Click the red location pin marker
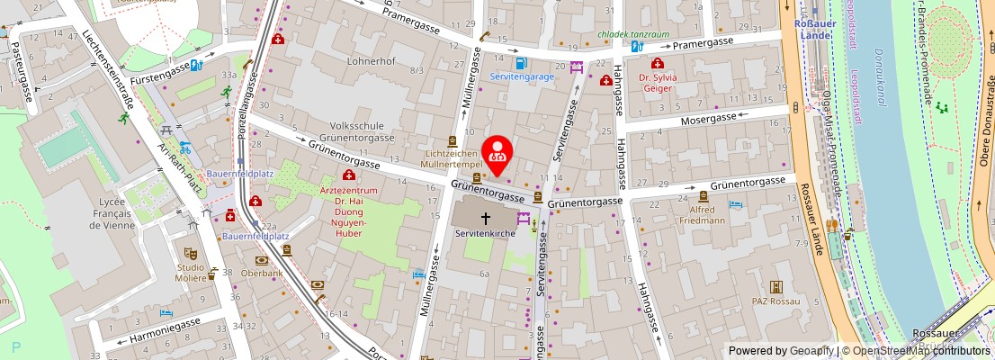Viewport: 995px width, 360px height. [x=497, y=152]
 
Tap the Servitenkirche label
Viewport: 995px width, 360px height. [x=486, y=233]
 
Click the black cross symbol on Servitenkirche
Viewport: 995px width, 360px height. [x=486, y=218]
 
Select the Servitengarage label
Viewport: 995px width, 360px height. [x=522, y=77]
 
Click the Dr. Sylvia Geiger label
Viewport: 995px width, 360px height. [x=658, y=83]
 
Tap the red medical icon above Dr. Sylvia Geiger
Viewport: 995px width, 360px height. [x=658, y=64]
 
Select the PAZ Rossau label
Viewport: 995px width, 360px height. [x=775, y=301]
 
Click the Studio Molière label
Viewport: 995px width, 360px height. [x=191, y=273]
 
